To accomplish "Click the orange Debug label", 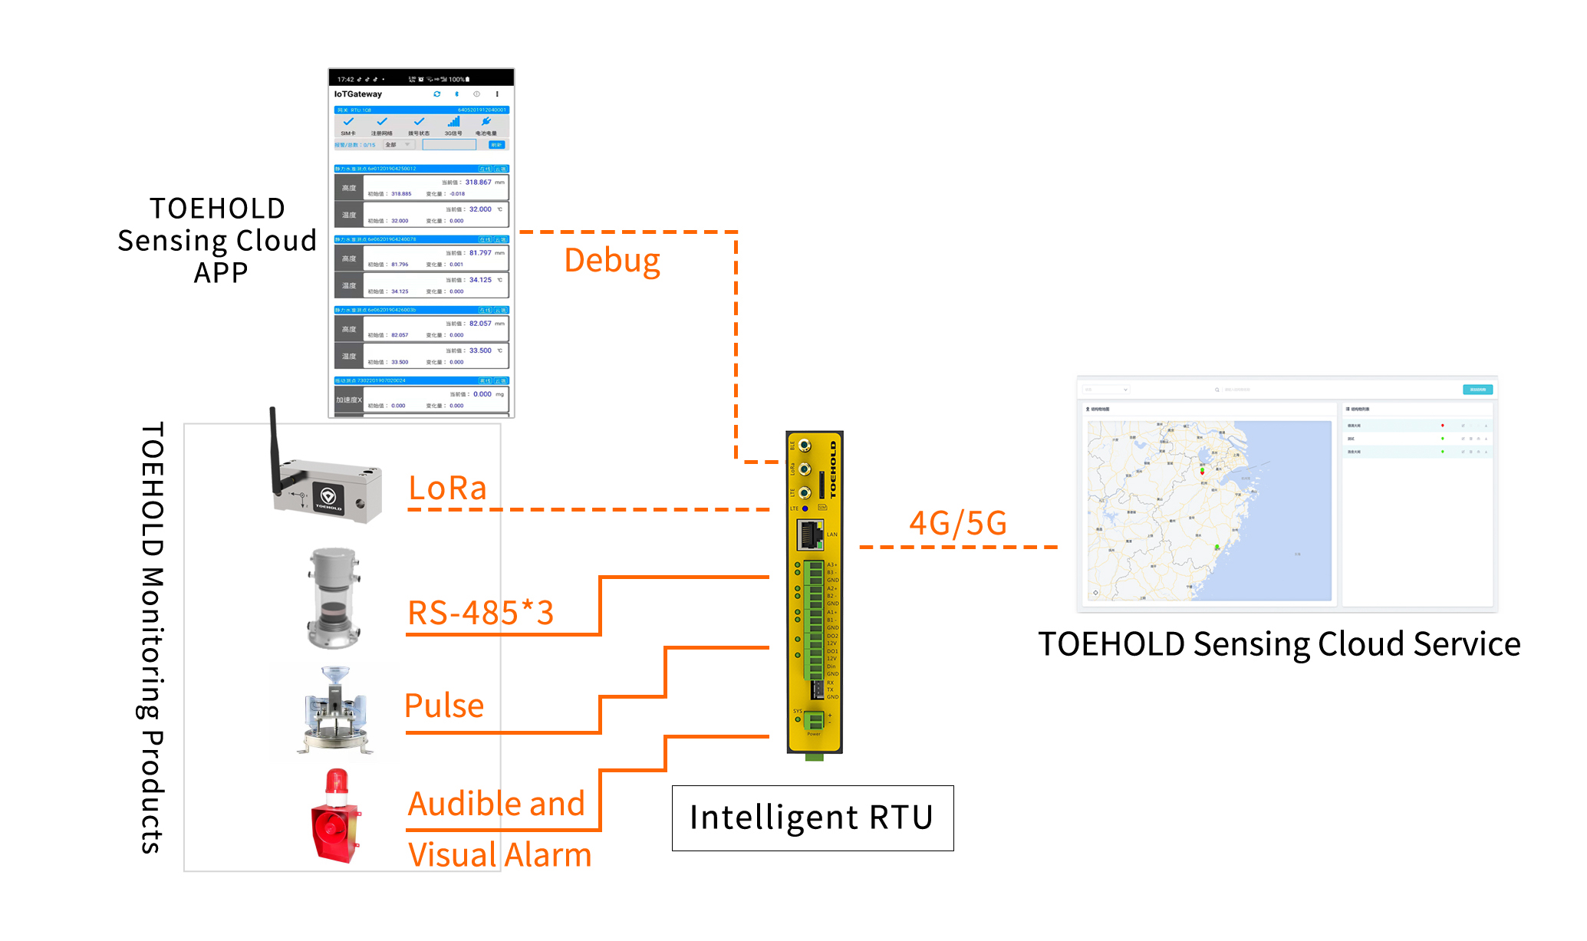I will (x=611, y=261).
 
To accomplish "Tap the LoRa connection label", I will (x=447, y=489).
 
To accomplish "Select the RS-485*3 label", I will (x=480, y=613).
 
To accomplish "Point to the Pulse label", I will (x=444, y=706).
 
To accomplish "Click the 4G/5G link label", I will (x=957, y=523).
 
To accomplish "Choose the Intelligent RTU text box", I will (x=812, y=818).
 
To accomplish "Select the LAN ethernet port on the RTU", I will (x=809, y=535).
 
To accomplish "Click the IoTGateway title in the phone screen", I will (x=358, y=94).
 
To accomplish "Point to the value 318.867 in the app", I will (x=478, y=183).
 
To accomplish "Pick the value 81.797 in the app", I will (x=480, y=253).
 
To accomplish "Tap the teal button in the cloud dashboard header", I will (x=1477, y=390).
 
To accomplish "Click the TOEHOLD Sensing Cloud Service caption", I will (x=1279, y=644).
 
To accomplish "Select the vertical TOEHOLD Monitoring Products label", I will (x=152, y=637).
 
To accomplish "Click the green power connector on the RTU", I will (x=813, y=720).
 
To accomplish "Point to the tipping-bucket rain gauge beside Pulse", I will (x=335, y=710).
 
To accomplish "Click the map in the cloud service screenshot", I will (x=1209, y=511).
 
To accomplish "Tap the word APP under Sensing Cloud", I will (x=221, y=273).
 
